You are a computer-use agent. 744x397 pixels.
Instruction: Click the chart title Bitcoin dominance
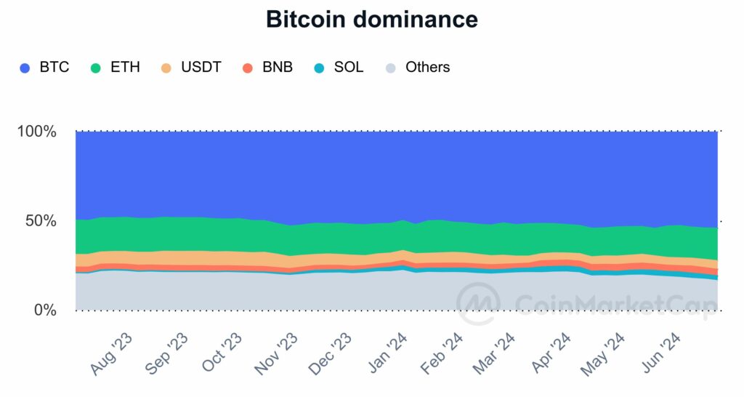(x=372, y=20)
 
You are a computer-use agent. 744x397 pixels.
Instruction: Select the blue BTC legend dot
(x=25, y=68)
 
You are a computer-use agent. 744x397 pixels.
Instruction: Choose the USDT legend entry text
(x=200, y=68)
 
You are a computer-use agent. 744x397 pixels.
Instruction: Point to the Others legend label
(x=427, y=68)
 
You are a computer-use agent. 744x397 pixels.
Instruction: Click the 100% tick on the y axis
(x=36, y=132)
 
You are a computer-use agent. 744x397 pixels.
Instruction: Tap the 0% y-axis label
(x=44, y=310)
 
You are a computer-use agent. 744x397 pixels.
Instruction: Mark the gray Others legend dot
(x=391, y=68)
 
